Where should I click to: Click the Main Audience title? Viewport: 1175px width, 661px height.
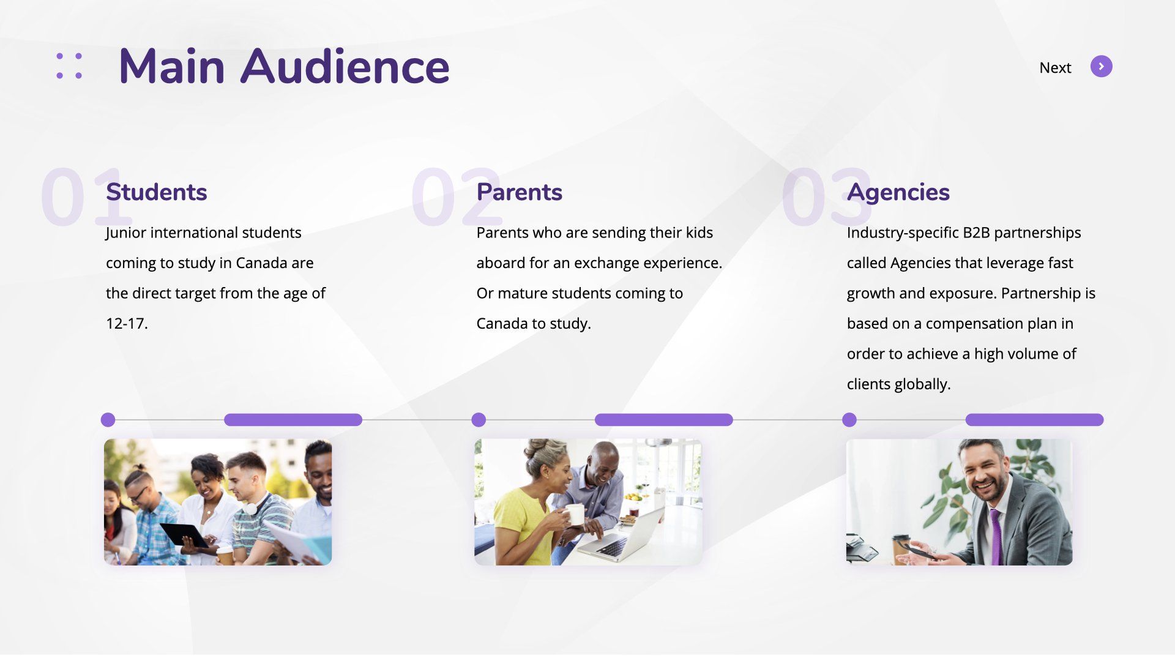pos(284,66)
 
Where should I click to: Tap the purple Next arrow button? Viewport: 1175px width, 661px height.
pos(1101,67)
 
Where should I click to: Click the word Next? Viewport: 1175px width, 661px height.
pos(1055,67)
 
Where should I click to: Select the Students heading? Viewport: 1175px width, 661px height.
pos(157,192)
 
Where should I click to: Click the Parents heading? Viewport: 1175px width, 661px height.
pos(519,192)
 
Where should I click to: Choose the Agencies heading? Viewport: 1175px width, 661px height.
pos(898,193)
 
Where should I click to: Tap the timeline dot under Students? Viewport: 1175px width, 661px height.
pos(108,420)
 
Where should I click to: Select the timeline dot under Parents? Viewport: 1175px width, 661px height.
pos(479,420)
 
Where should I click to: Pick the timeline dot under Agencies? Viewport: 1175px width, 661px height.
pos(849,420)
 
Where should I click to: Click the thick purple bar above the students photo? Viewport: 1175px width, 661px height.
pos(293,420)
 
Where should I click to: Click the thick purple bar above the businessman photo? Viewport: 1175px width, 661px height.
pos(1034,420)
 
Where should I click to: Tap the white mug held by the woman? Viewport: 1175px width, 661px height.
pos(574,514)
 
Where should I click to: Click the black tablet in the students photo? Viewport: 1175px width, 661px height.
pos(184,535)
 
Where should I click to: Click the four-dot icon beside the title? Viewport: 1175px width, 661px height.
pos(69,65)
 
